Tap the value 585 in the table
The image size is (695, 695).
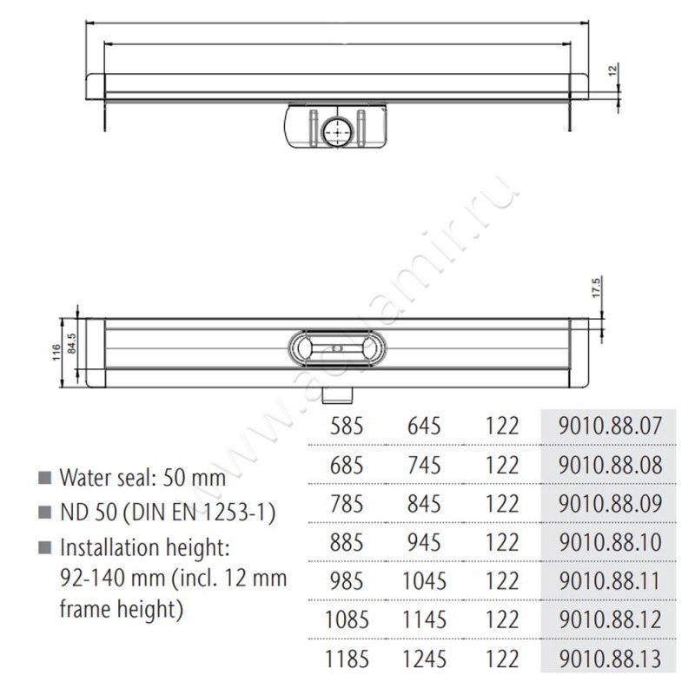(x=347, y=426)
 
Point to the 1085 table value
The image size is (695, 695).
(x=347, y=619)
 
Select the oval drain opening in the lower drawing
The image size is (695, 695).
(x=335, y=348)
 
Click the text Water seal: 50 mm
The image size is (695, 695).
(x=142, y=477)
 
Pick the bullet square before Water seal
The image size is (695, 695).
(x=43, y=478)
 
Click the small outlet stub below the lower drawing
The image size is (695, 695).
(x=335, y=395)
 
